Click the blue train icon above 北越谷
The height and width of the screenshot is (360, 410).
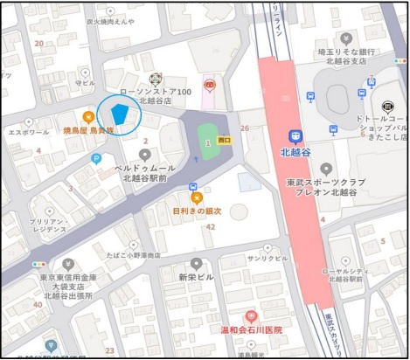pyautogui.click(x=295, y=135)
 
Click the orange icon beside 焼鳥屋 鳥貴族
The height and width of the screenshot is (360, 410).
pyautogui.click(x=88, y=116)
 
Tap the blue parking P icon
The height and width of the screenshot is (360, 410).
pyautogui.click(x=96, y=158)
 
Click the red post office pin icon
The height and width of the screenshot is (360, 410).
pyautogui.click(x=210, y=85)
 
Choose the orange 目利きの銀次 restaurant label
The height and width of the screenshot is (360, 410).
pyautogui.click(x=196, y=211)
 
